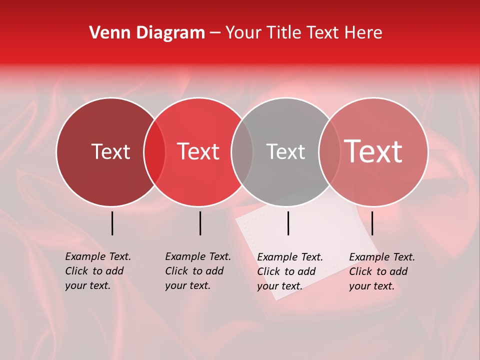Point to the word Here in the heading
click(364, 32)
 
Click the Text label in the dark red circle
click(110, 151)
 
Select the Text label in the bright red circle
click(198, 151)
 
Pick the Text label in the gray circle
click(285, 151)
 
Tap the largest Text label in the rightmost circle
click(373, 151)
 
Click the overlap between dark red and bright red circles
click(154, 151)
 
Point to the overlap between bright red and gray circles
click(242, 151)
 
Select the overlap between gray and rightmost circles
click(329, 151)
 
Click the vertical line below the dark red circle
click(112, 223)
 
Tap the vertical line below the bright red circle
click(200, 223)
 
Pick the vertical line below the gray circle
click(288, 223)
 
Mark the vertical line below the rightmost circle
click(372, 223)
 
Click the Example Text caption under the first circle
click(97, 271)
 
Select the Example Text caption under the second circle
click(197, 271)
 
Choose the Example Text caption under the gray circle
click(289, 271)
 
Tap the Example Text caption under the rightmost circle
click(381, 271)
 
